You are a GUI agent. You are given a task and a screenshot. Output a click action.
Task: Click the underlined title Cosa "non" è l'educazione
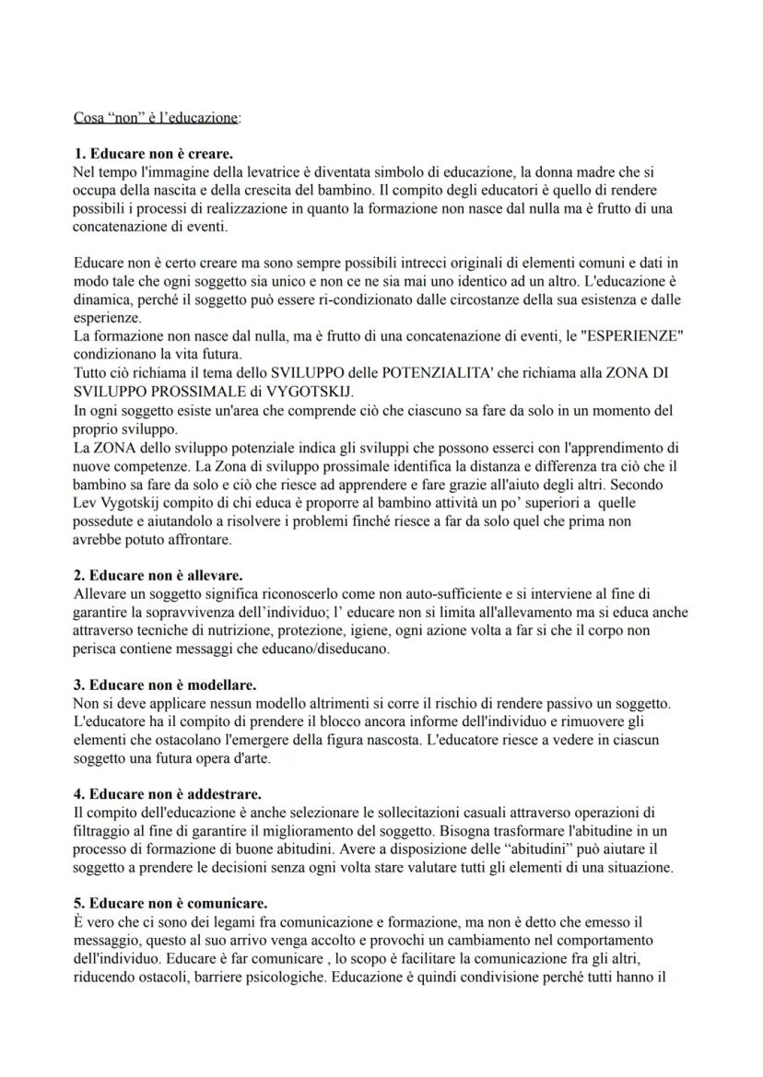(x=157, y=118)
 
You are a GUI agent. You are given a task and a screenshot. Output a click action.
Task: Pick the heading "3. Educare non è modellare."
(x=164, y=685)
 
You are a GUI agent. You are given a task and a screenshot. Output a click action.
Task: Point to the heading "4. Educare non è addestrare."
(x=167, y=793)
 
